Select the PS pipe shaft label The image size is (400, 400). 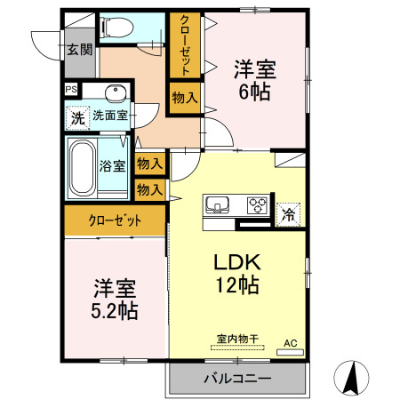click(x=70, y=89)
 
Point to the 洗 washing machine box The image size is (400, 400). click(x=77, y=116)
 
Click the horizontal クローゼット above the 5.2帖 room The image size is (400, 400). click(x=115, y=221)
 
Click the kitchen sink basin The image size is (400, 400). click(x=218, y=205)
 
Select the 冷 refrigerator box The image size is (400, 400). click(x=288, y=212)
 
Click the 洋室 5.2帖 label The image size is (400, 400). click(x=115, y=300)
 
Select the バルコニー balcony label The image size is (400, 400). click(x=237, y=379)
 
